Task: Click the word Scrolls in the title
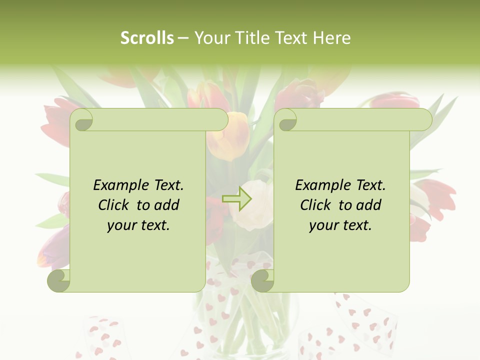(147, 38)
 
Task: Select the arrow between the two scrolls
(237, 198)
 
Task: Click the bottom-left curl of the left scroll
(58, 280)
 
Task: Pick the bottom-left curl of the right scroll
(262, 280)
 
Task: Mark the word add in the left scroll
(167, 205)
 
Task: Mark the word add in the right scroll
(369, 205)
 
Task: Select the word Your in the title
(209, 38)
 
